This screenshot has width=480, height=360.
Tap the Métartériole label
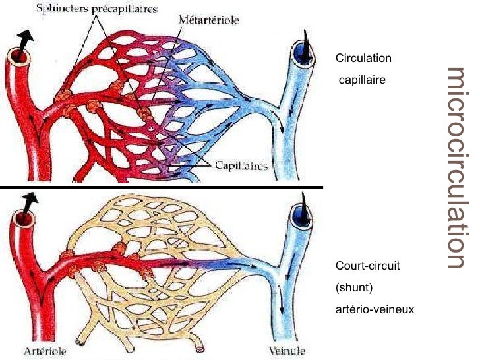click(208, 20)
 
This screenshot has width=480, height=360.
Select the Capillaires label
click(241, 165)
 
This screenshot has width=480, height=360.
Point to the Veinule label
click(289, 351)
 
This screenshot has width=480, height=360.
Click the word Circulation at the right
click(363, 59)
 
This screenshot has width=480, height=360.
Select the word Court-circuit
click(368, 266)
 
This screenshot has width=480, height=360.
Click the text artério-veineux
click(375, 308)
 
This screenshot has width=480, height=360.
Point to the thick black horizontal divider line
click(162, 187)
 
